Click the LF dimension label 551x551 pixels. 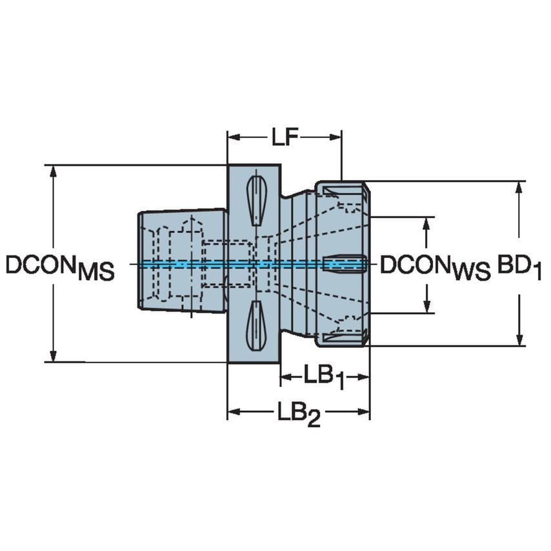pos(284,137)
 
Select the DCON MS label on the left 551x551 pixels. pos(59,266)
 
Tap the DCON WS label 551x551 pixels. pos(434,266)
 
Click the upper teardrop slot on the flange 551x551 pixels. pos(255,200)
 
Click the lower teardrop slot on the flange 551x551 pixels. pos(255,325)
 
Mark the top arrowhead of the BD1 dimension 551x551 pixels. pos(520,186)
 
